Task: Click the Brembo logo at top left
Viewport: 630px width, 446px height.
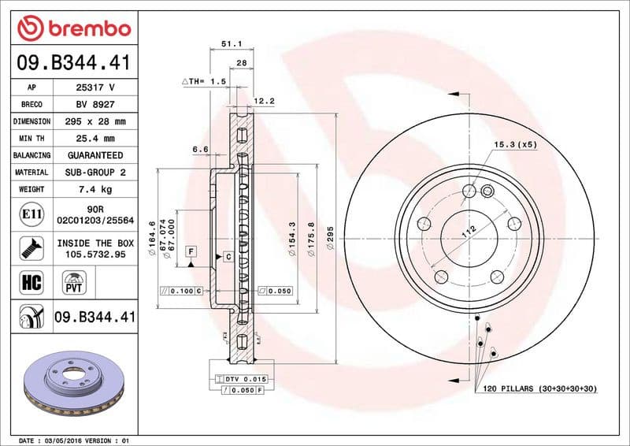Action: [x=73, y=28]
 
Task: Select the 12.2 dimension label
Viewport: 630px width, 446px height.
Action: [x=265, y=101]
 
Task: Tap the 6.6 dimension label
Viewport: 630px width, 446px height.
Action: [x=199, y=148]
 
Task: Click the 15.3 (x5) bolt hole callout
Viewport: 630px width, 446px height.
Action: [x=515, y=145]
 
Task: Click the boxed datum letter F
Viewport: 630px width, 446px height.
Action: [x=191, y=251]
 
